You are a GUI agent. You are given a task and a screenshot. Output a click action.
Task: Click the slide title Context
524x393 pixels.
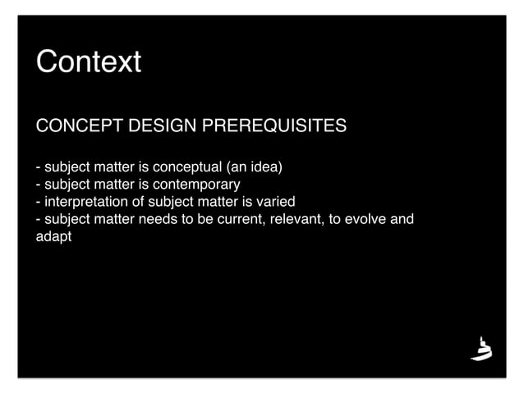tap(88, 62)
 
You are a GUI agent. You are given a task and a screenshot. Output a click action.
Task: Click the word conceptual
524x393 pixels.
tap(180, 168)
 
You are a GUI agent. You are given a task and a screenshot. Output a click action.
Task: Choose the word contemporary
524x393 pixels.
tap(196, 185)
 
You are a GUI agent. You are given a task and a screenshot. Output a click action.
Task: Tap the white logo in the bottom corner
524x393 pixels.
tap(481, 349)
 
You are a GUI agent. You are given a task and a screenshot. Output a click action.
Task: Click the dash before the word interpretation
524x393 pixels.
tap(38, 202)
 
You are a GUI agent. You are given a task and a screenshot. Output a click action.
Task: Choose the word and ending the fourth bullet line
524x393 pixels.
tap(402, 219)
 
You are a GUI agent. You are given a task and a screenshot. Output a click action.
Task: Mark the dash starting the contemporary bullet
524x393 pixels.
tap(38, 185)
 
